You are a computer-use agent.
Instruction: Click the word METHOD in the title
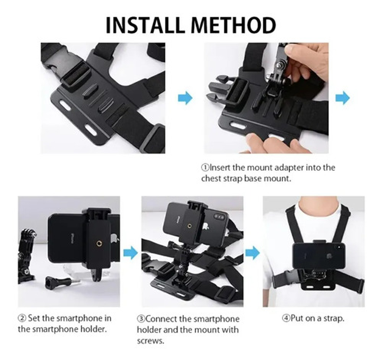(x=234, y=25)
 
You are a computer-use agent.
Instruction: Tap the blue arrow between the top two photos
(x=185, y=98)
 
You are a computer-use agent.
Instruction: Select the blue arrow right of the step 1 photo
(x=343, y=98)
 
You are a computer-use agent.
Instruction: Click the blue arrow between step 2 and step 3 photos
(x=131, y=253)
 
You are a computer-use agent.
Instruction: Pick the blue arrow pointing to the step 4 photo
(x=252, y=253)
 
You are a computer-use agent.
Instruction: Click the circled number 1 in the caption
(x=205, y=168)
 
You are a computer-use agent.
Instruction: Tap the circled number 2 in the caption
(x=22, y=318)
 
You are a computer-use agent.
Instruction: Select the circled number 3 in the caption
(x=141, y=319)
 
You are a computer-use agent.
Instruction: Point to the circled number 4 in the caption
(x=286, y=318)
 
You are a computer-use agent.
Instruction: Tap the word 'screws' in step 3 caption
(x=150, y=341)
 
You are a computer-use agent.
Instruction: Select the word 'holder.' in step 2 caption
(x=94, y=329)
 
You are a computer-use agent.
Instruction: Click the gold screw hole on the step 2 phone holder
(x=99, y=243)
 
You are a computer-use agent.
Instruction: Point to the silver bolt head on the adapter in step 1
(x=278, y=65)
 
